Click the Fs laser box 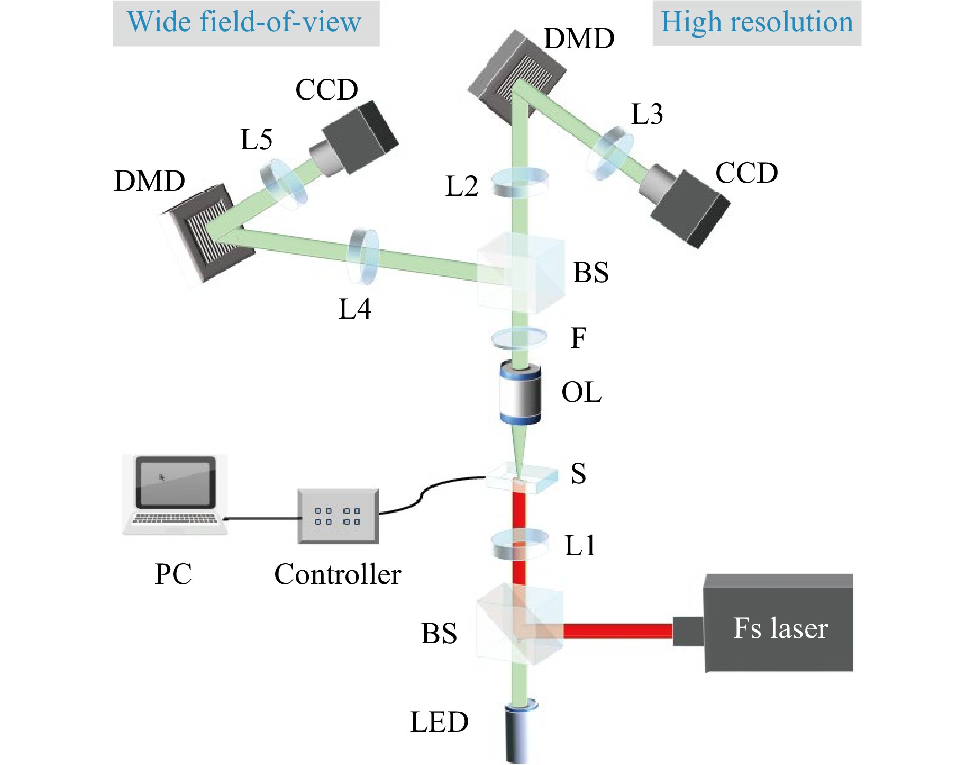[779, 624]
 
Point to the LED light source [521, 733]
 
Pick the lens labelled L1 [520, 544]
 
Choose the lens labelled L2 [520, 182]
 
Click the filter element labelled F [519, 338]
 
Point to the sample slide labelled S [522, 478]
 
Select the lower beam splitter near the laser [520, 625]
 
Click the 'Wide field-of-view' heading [245, 23]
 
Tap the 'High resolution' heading [757, 23]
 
